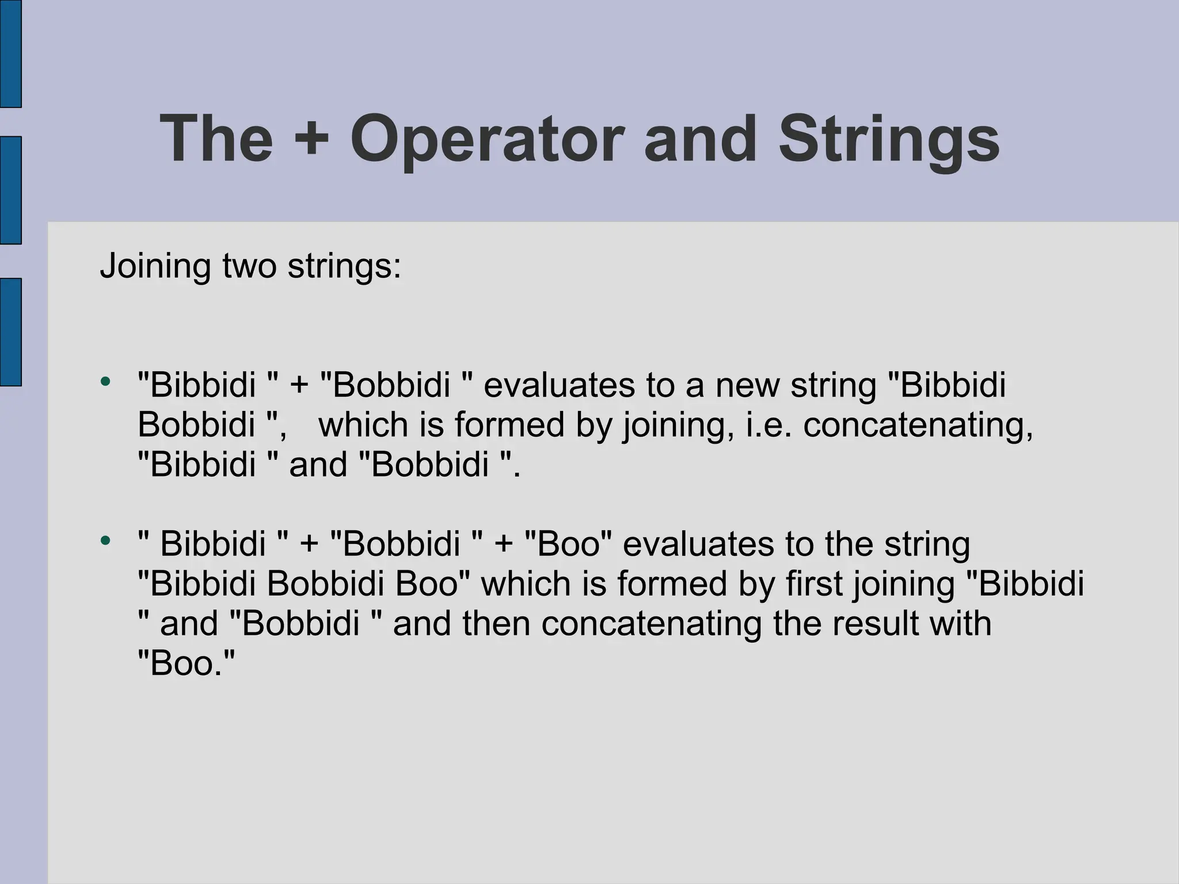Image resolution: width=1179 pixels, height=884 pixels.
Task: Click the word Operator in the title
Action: tap(487, 140)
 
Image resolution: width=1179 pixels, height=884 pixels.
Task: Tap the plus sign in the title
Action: tap(311, 140)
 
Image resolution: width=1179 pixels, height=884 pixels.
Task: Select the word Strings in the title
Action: tap(889, 140)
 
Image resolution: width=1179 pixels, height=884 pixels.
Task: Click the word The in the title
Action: tap(216, 140)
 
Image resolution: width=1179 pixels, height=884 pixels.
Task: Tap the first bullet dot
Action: tap(105, 382)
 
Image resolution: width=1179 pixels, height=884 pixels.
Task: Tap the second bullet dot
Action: tap(105, 540)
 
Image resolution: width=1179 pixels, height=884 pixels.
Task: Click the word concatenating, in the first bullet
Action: tap(918, 425)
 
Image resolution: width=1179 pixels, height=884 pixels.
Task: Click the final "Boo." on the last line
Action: tap(187, 664)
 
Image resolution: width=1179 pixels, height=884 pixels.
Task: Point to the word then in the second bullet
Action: tap(496, 624)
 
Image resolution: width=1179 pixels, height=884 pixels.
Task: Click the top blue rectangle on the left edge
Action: tap(10, 53)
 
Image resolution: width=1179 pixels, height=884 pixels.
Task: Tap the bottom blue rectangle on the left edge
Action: tap(10, 331)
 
